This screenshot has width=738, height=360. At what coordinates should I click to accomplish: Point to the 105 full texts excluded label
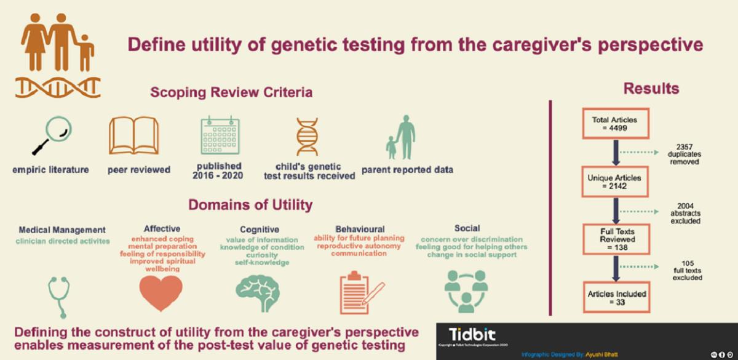click(683, 272)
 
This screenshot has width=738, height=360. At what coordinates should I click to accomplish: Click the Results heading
click(651, 89)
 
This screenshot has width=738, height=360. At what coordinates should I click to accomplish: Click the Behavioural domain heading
click(360, 228)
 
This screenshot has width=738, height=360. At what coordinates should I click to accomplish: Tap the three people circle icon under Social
click(465, 290)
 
